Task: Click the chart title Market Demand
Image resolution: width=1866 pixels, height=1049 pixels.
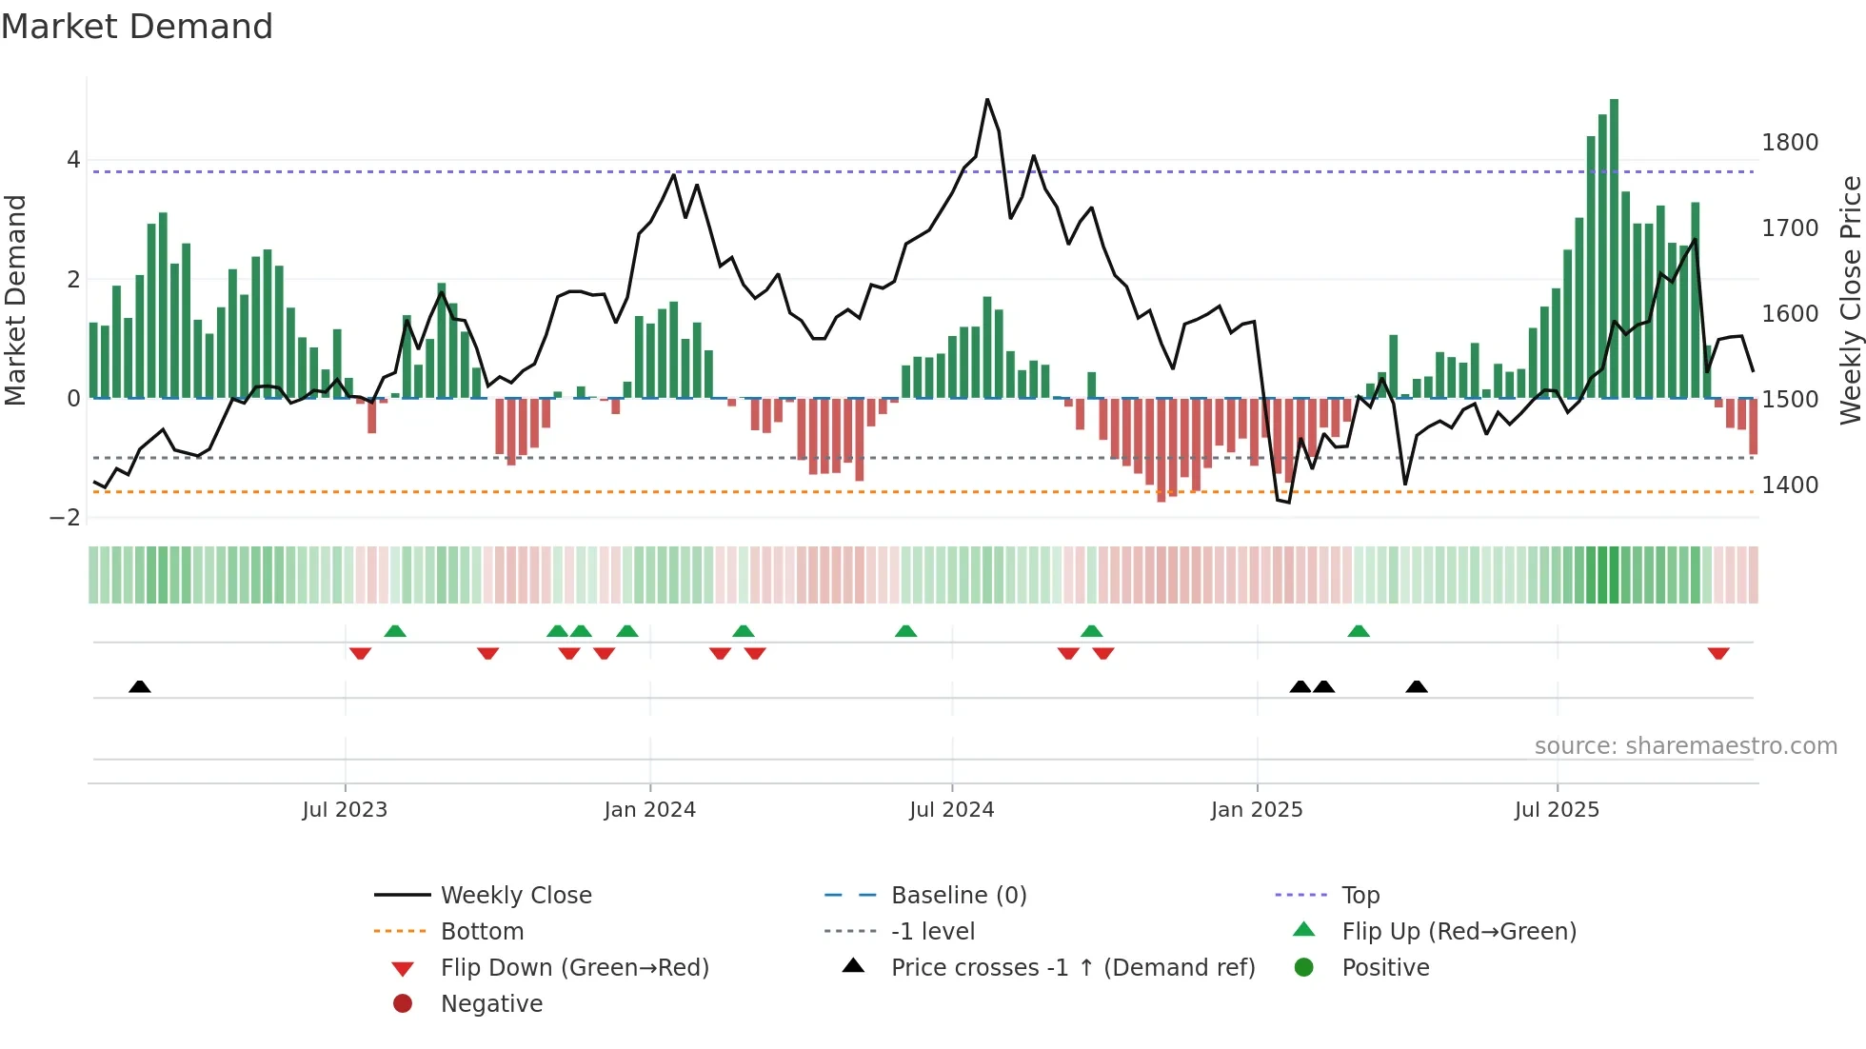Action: [137, 27]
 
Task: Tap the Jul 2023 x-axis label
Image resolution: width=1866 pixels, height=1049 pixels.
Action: [345, 810]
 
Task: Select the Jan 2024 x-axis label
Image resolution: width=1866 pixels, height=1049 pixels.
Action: [649, 810]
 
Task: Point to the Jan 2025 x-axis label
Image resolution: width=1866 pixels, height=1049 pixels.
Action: [1257, 810]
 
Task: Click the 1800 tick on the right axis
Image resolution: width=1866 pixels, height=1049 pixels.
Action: [1790, 143]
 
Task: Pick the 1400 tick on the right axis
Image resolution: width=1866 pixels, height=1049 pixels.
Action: [1790, 485]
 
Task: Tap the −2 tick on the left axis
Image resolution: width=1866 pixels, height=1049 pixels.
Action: [65, 518]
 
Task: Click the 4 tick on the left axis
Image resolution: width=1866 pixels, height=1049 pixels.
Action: [73, 160]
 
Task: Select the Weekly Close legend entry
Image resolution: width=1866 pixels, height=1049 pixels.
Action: [515, 896]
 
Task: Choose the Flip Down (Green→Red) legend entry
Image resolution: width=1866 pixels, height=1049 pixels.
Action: [574, 968]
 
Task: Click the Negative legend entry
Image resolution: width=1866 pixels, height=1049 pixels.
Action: [491, 1004]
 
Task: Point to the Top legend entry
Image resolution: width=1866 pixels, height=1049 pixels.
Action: [1360, 896]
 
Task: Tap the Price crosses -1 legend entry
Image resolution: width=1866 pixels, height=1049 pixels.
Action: [1072, 968]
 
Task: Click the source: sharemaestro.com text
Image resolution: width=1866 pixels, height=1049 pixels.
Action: [1685, 746]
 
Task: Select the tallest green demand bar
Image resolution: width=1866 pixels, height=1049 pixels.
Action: [1614, 247]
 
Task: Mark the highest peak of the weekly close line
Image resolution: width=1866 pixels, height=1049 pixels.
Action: [987, 100]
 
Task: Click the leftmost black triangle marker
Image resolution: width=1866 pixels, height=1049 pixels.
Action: [140, 686]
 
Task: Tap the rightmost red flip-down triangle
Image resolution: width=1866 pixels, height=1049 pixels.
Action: [1718, 653]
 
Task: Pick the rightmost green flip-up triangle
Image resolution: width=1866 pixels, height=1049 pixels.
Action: [1359, 631]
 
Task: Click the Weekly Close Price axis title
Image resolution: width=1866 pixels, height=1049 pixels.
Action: [1850, 300]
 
